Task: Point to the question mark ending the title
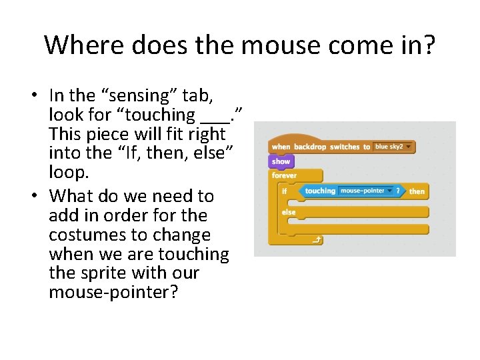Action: pyautogui.click(x=428, y=45)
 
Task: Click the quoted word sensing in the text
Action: pyautogui.click(x=130, y=95)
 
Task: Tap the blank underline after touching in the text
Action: pyautogui.click(x=213, y=115)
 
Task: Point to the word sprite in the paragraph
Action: pyautogui.click(x=101, y=273)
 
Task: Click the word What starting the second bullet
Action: pyautogui.click(x=73, y=196)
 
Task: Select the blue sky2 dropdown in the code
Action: pyautogui.click(x=392, y=147)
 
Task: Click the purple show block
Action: pyautogui.click(x=281, y=161)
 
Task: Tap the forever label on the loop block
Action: pyautogui.click(x=285, y=176)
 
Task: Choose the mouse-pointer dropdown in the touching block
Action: pyautogui.click(x=366, y=191)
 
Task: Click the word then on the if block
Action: pyautogui.click(x=417, y=191)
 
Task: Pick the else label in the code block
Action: pyautogui.click(x=289, y=213)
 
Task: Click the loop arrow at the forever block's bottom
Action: pyautogui.click(x=313, y=240)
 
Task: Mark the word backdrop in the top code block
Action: pyautogui.click(x=309, y=147)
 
